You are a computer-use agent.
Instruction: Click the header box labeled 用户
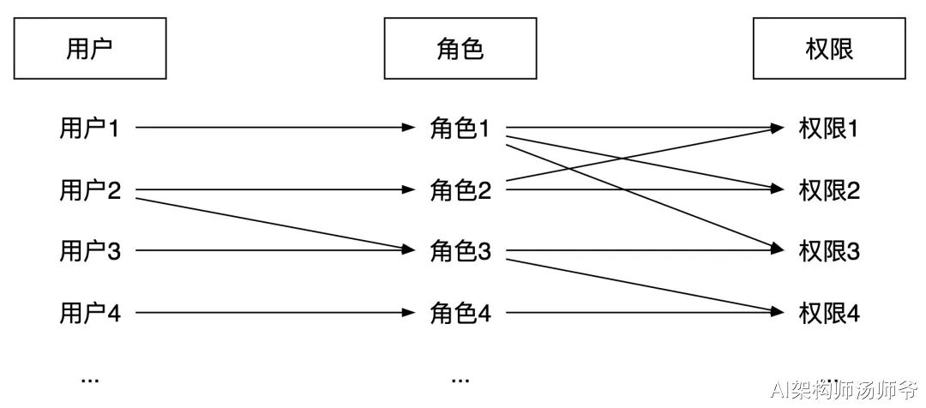click(90, 50)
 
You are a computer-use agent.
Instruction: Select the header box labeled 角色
click(460, 50)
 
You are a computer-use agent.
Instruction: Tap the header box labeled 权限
click(829, 50)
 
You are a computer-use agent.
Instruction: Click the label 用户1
click(90, 129)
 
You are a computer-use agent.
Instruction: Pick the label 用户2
click(90, 190)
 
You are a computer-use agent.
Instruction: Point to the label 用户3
click(90, 252)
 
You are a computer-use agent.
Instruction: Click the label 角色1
click(460, 129)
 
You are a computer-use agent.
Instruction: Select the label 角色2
click(460, 190)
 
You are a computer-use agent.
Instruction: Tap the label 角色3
click(460, 252)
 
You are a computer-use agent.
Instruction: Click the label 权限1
click(829, 129)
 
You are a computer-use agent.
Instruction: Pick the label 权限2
click(829, 190)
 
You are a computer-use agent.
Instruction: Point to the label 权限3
click(829, 252)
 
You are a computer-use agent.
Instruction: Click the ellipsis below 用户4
click(89, 378)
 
